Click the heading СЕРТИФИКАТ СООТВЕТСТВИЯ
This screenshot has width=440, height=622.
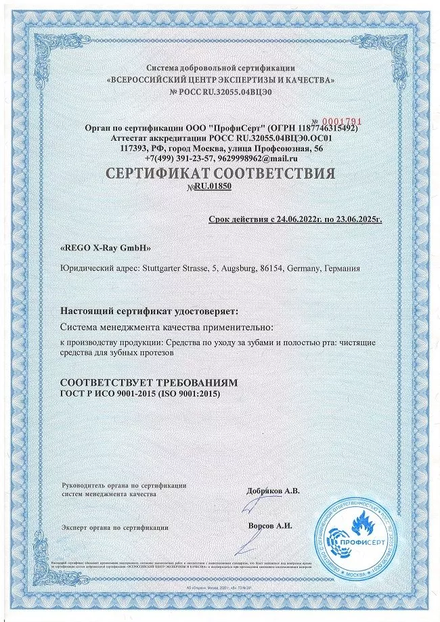(221, 173)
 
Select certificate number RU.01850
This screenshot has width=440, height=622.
(213, 186)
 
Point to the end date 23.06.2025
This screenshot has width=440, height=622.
(356, 219)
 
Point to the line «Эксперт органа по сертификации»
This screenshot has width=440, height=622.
(114, 526)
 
